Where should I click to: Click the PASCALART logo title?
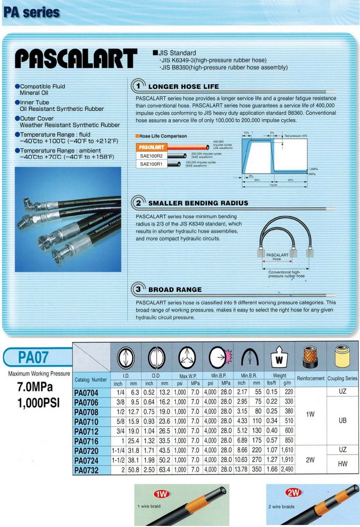click(x=76, y=58)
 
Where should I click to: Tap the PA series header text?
click(x=31, y=12)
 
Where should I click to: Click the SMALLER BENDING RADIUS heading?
click(x=198, y=203)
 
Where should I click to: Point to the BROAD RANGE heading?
click(x=175, y=289)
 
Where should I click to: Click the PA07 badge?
click(x=36, y=356)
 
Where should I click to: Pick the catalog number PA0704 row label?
click(x=86, y=393)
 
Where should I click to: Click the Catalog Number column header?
click(x=91, y=380)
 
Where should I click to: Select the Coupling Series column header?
click(x=342, y=379)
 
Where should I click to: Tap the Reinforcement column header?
click(x=310, y=379)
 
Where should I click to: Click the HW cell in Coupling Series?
click(x=342, y=464)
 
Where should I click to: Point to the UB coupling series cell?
click(x=342, y=421)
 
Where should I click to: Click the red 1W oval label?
click(x=161, y=494)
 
